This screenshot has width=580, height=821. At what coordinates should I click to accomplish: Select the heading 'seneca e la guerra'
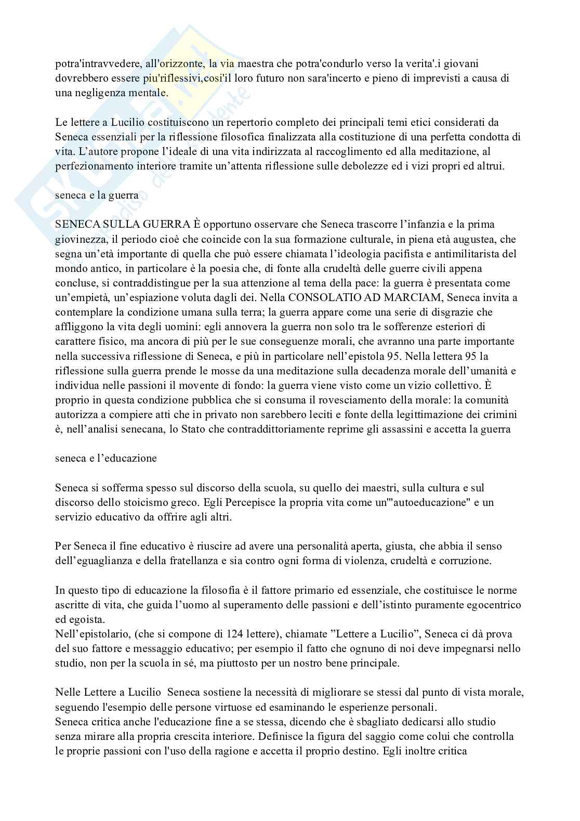point(97,196)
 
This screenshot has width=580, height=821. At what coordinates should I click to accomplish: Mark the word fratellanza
point(207,561)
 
